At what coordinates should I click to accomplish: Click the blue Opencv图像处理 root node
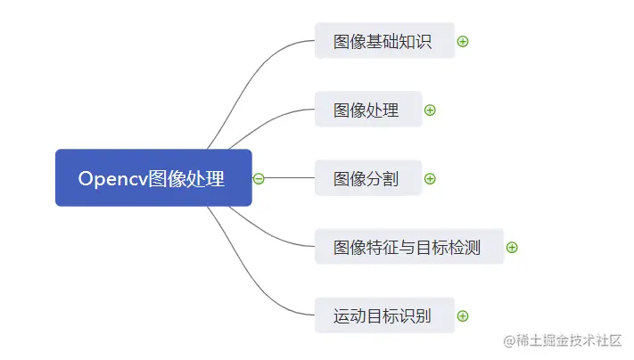[x=153, y=178]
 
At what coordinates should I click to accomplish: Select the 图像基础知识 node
[x=384, y=41]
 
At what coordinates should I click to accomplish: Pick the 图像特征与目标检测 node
[x=408, y=247]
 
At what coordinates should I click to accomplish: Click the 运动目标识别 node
[x=384, y=315]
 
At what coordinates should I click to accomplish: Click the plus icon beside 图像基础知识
[x=463, y=41]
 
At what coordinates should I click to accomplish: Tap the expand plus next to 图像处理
[x=430, y=110]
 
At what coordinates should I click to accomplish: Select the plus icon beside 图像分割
[x=430, y=178]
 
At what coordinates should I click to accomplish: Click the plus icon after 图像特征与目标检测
[x=512, y=247]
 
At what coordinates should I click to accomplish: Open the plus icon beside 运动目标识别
[x=463, y=315]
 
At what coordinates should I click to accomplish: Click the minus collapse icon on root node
[x=259, y=178]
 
